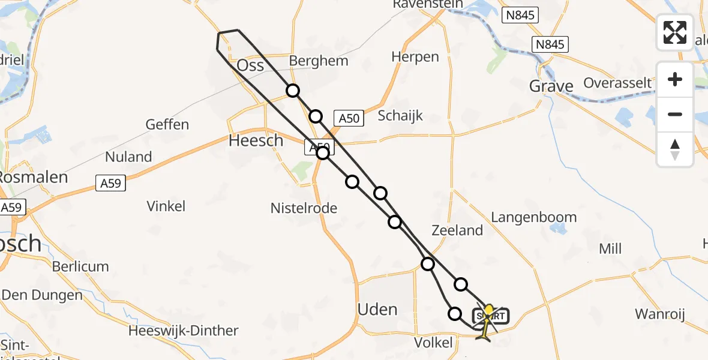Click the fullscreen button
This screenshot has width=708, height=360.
click(675, 32)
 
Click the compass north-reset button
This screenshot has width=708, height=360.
click(675, 149)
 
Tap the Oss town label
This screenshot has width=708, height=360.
click(251, 65)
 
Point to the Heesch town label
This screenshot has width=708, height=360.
click(256, 140)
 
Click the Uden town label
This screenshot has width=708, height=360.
click(377, 309)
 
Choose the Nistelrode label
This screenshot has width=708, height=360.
click(304, 209)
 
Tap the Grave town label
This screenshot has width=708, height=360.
click(551, 86)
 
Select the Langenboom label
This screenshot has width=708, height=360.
click(534, 217)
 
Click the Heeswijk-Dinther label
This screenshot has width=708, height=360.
click(184, 331)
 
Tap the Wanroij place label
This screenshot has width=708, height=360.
click(660, 314)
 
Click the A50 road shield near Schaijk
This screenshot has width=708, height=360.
click(349, 118)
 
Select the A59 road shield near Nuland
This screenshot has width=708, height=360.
click(111, 184)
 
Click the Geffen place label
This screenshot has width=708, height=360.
click(167, 125)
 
